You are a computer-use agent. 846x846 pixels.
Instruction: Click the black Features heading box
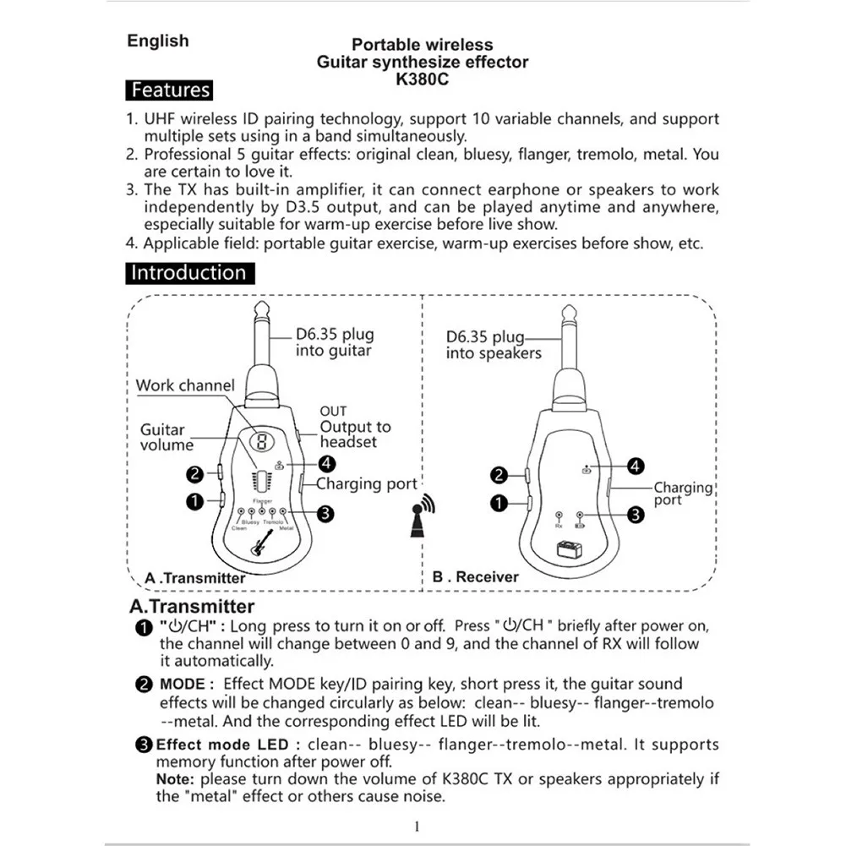click(170, 90)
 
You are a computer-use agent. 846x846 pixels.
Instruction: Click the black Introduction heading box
click(189, 273)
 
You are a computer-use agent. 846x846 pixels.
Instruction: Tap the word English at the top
click(158, 41)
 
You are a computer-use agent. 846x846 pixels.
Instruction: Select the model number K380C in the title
click(423, 81)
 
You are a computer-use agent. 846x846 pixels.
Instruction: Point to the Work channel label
click(185, 385)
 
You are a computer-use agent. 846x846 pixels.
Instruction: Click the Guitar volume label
click(166, 437)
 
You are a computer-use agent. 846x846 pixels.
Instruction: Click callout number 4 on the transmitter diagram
click(326, 463)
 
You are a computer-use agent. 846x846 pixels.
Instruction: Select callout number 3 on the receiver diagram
click(635, 513)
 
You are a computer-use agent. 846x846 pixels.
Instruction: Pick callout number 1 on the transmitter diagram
click(194, 501)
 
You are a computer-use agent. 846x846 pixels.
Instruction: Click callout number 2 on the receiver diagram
click(499, 475)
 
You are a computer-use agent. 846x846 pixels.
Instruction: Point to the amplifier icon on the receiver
click(568, 549)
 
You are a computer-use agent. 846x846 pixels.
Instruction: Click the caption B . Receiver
click(476, 576)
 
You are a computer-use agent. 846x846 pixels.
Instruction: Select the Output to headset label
click(355, 434)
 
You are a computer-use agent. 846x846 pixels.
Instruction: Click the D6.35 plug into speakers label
click(494, 345)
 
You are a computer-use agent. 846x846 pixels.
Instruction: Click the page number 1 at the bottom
click(418, 826)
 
